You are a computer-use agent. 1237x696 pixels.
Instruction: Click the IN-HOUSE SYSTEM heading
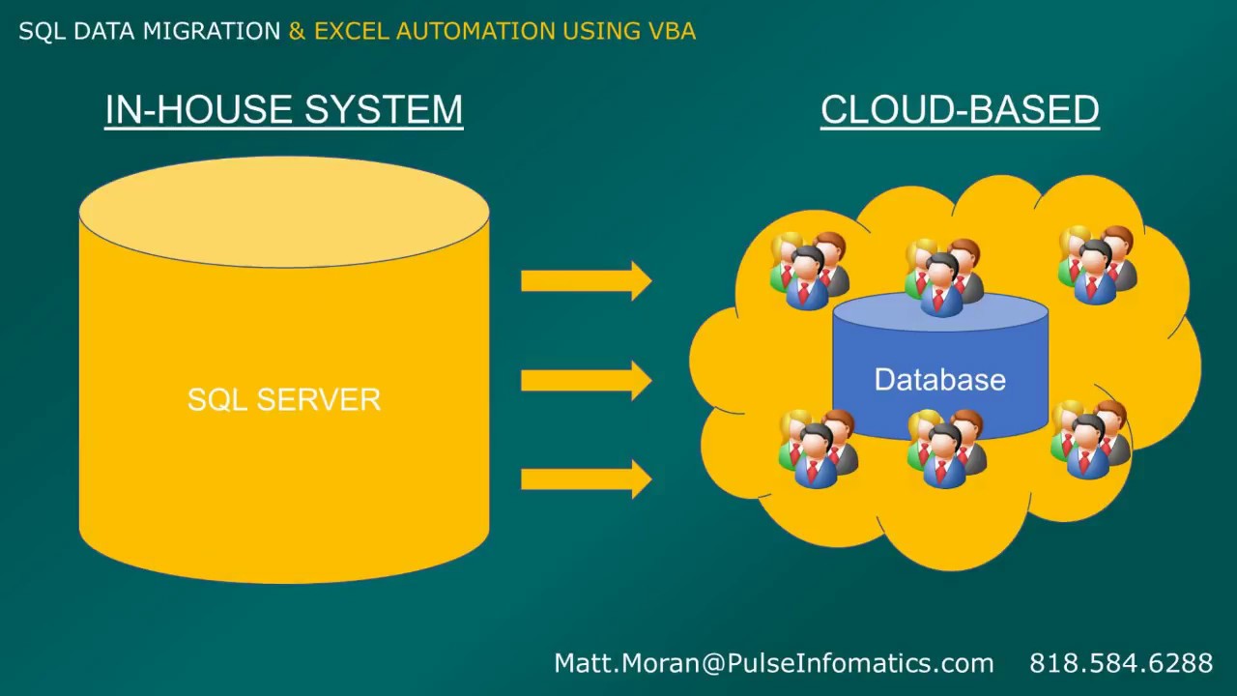[x=283, y=110]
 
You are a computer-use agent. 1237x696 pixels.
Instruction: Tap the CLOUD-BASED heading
[x=960, y=110]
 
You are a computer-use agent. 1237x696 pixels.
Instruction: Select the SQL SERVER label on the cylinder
[x=283, y=399]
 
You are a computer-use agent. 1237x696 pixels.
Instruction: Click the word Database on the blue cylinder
[x=939, y=380]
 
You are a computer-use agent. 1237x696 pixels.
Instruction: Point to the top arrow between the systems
[x=586, y=281]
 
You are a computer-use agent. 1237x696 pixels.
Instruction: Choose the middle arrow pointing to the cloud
[x=586, y=381]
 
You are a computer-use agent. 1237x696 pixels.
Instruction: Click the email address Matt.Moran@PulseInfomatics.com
[x=773, y=663]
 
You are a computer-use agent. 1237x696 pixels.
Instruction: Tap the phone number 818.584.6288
[x=1120, y=663]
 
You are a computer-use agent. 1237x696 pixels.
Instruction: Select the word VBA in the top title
[x=671, y=31]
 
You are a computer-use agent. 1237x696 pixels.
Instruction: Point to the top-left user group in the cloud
[x=810, y=270]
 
